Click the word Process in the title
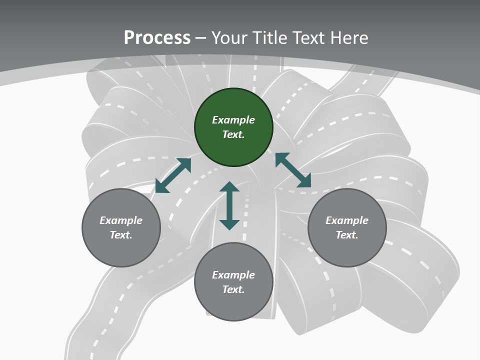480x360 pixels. pos(157,38)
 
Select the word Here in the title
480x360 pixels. pos(348,38)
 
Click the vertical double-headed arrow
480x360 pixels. pos(229,206)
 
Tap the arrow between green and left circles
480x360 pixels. pos(173,175)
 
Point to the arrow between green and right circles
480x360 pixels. pos(293,170)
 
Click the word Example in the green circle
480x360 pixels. pos(233,120)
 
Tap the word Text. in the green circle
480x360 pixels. pos(233,134)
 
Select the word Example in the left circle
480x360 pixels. pos(121,220)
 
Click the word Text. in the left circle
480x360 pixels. pos(121,235)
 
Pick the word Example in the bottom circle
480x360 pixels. pos(233,275)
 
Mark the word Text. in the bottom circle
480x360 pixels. pos(233,289)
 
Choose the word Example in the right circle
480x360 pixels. pos(347,220)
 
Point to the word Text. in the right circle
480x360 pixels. pos(347,235)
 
